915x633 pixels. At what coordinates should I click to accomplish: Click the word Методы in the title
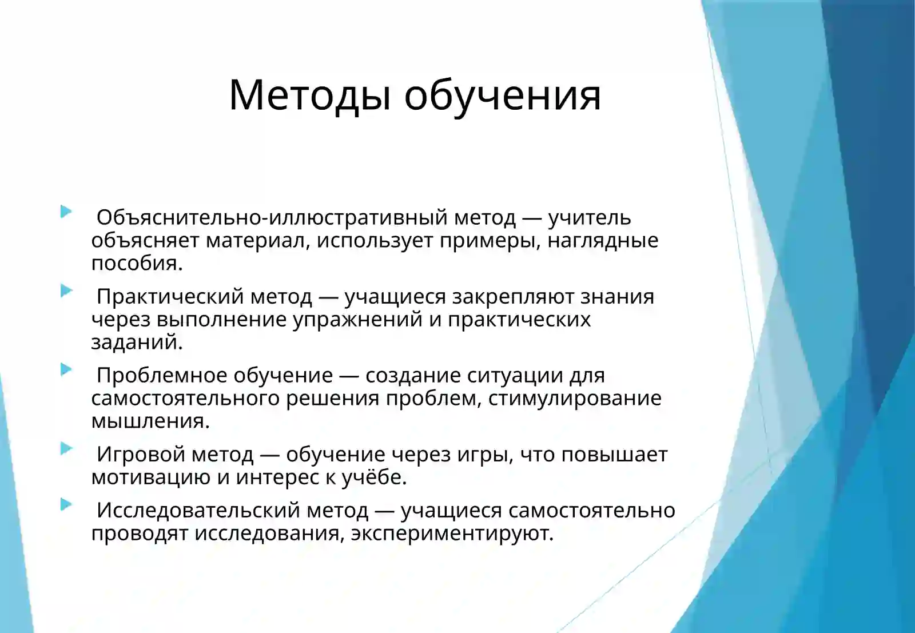coord(310,95)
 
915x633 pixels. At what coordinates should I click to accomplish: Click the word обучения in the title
coord(503,95)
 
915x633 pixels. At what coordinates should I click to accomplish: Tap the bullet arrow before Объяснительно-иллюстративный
coord(66,212)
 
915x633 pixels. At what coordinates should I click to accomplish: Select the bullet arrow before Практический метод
coord(66,290)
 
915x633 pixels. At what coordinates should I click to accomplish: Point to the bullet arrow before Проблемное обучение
coord(66,369)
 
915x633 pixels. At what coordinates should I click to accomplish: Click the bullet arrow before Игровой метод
coord(66,448)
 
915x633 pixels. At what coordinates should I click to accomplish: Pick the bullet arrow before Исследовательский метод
coord(66,504)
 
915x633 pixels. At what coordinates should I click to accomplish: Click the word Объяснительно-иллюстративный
coord(272,218)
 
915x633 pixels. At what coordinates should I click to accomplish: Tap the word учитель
coord(590,218)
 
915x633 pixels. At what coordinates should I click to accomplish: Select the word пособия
coord(137,264)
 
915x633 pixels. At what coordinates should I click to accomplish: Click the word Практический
coord(170,297)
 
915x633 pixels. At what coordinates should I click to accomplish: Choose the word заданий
coord(137,343)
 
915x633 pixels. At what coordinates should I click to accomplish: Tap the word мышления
coord(150,421)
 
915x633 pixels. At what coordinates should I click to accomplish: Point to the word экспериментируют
coord(452,534)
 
